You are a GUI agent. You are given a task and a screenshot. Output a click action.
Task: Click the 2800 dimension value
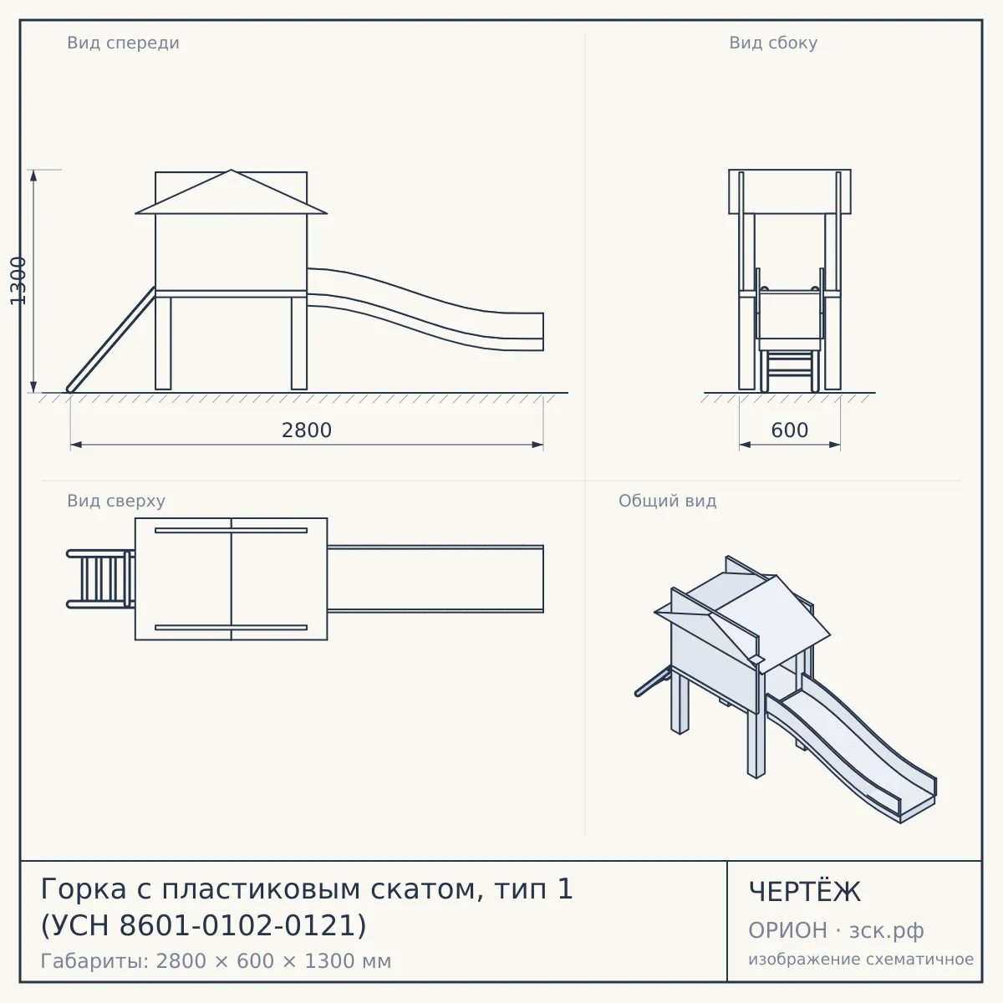[307, 430]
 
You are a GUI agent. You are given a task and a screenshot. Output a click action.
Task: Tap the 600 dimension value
[790, 430]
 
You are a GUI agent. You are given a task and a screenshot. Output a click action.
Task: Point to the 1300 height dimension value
[18, 281]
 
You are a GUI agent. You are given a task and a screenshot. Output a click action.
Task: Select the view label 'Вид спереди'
[124, 43]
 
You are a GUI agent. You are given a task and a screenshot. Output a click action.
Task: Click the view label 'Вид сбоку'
[773, 43]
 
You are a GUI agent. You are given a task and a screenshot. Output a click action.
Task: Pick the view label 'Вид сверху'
[116, 501]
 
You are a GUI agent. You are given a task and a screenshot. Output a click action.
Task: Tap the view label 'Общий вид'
[667, 501]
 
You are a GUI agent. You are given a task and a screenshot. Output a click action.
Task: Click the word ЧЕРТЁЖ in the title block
[804, 892]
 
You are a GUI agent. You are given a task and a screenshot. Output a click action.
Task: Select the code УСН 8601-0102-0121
[203, 925]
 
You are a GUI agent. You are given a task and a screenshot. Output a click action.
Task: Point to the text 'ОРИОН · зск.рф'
[836, 930]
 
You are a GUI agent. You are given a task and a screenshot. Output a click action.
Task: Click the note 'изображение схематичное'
[861, 959]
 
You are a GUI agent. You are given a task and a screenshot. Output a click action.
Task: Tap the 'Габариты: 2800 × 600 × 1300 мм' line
[216, 961]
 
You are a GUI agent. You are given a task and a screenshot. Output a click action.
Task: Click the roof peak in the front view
[231, 171]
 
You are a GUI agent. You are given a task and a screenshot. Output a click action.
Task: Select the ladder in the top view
[100, 578]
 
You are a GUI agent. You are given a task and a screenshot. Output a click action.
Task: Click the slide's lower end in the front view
[543, 332]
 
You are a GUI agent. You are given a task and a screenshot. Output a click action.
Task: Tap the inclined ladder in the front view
[111, 339]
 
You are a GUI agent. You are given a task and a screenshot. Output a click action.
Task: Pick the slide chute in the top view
[435, 578]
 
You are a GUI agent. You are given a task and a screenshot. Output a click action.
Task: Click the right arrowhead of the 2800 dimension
[537, 445]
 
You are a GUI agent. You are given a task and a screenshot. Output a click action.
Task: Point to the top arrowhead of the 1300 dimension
[33, 176]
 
